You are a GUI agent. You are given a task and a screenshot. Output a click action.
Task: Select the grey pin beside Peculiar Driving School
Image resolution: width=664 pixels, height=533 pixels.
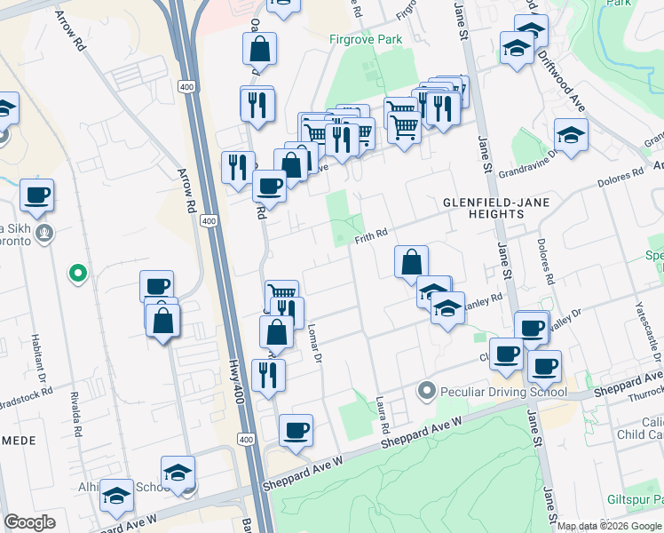point(428,391)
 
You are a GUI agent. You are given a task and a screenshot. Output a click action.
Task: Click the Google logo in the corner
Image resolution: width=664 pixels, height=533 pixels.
point(29,522)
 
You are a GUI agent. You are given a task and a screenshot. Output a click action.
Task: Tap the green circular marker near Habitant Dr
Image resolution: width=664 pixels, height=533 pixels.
point(78,274)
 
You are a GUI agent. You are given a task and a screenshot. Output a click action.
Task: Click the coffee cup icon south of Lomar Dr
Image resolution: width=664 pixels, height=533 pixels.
point(296,430)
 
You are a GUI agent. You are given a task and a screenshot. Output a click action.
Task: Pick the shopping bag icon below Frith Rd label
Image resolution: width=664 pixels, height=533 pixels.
point(411,262)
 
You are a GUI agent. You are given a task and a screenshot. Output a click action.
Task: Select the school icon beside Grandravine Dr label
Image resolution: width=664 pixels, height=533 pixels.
point(571,134)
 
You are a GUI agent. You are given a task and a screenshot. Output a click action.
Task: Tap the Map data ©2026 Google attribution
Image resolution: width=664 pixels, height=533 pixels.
point(608,526)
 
